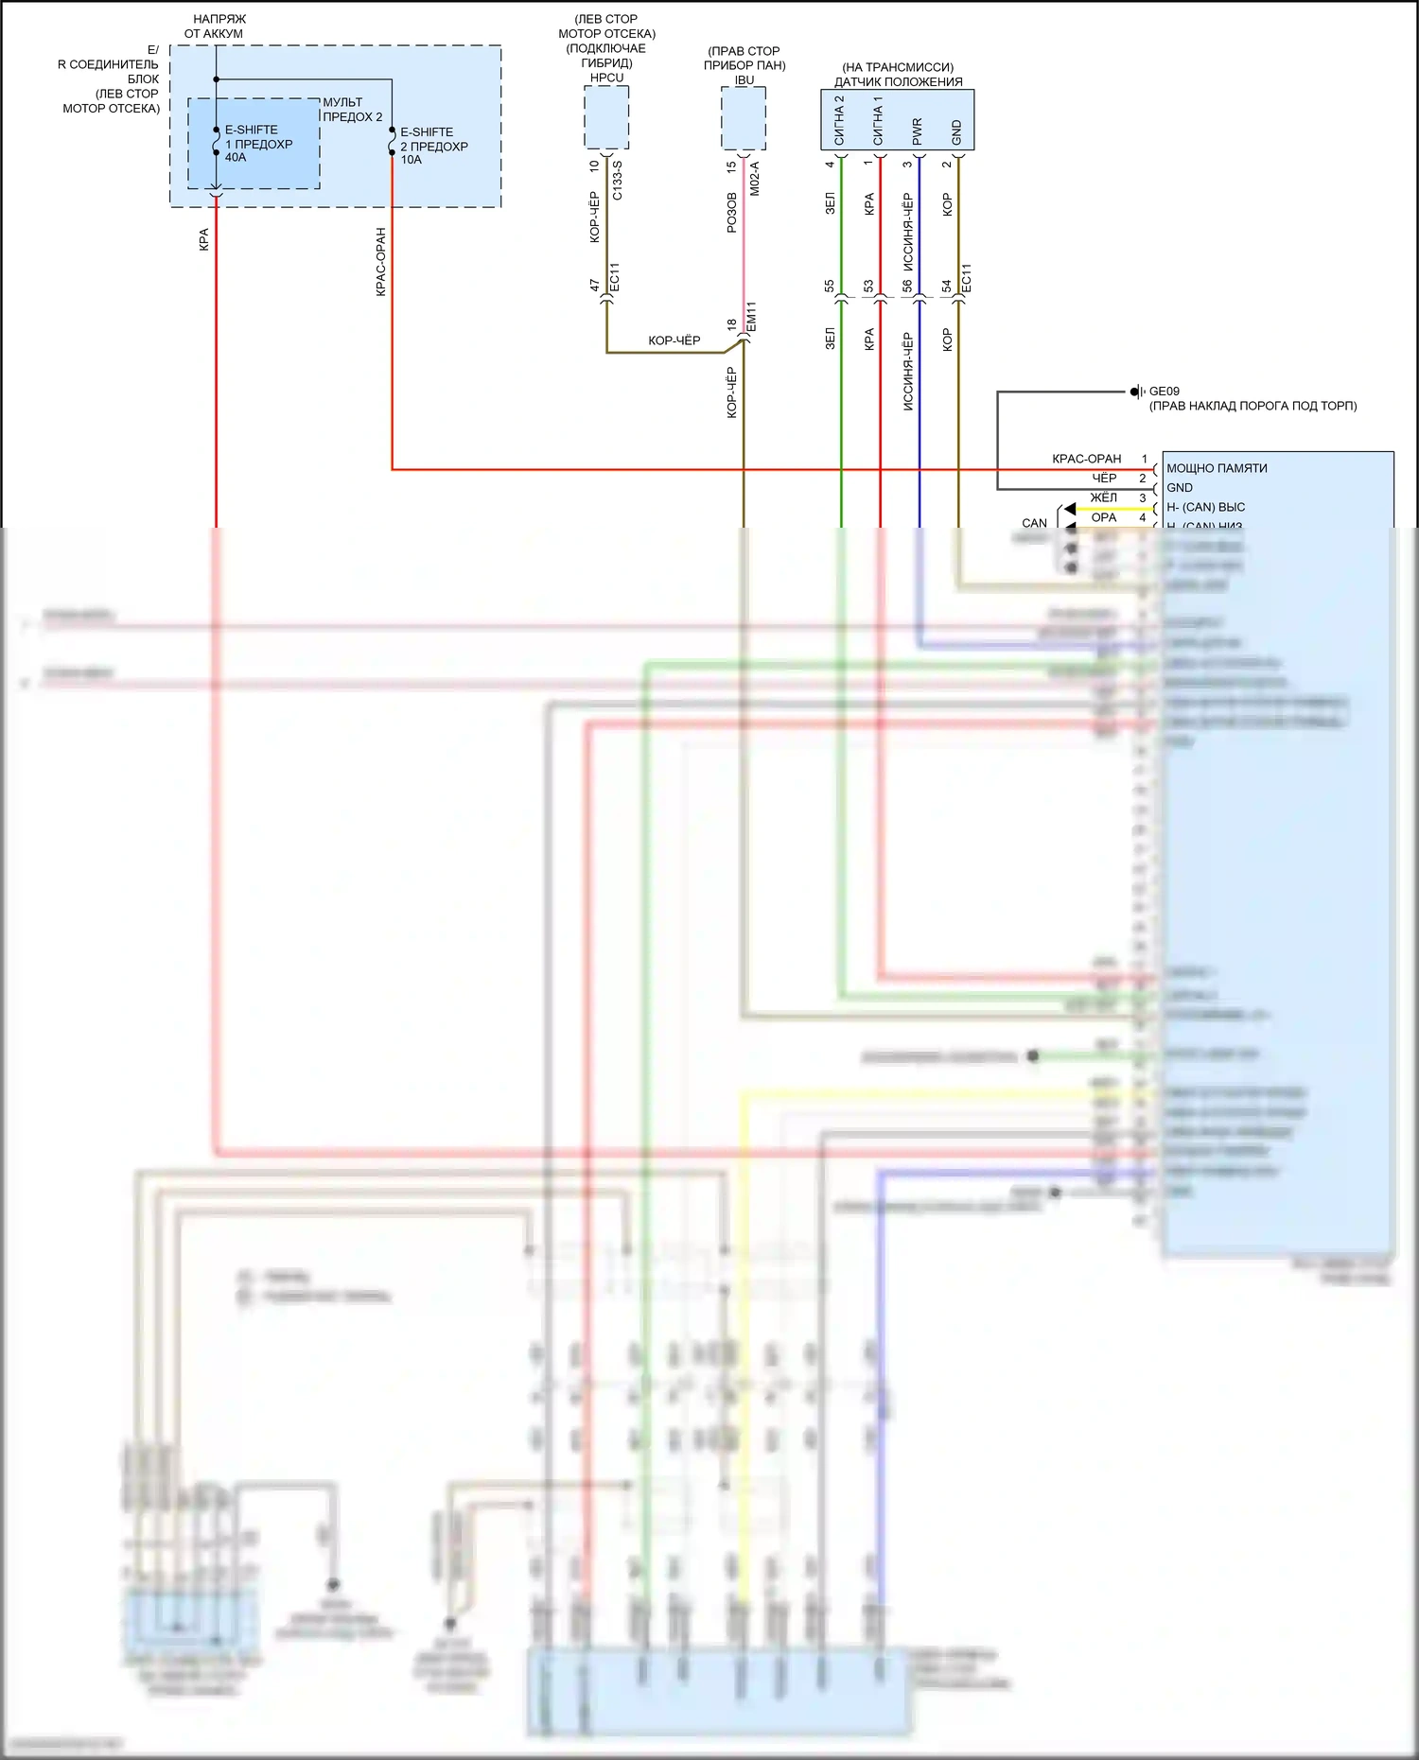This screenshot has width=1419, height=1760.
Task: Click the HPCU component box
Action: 606,117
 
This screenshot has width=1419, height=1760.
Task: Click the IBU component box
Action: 744,119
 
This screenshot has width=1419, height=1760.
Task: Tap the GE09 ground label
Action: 1164,391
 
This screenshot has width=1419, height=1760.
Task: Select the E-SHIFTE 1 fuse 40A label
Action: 258,144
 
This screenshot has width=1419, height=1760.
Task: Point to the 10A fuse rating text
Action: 411,160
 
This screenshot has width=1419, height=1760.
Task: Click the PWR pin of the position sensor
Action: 917,131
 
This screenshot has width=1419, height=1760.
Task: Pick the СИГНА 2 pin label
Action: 839,120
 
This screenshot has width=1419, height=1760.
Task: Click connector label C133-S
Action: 617,180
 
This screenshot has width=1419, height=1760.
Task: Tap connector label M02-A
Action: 754,178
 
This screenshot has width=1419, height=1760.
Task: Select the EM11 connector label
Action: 751,317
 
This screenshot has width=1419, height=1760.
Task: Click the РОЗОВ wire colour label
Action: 731,213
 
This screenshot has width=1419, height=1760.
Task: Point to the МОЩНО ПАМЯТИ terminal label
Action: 1217,468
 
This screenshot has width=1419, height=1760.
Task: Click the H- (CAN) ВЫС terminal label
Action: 1205,507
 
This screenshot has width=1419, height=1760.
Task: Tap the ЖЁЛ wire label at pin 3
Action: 1103,497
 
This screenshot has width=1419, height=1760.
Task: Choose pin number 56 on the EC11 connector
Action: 907,285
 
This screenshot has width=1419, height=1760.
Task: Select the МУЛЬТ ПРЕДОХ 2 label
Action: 353,110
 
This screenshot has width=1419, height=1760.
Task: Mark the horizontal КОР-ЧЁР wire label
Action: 674,340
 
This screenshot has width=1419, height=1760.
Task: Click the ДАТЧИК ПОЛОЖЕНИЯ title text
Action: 898,81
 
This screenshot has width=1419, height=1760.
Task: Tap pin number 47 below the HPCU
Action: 595,285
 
